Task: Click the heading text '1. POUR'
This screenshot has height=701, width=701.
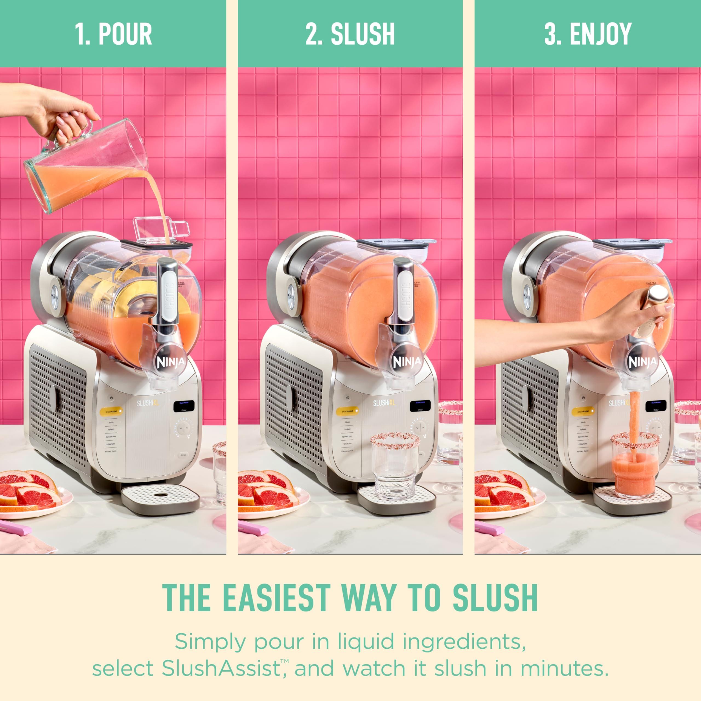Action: (113, 34)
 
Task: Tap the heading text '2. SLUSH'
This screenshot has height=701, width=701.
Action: (350, 34)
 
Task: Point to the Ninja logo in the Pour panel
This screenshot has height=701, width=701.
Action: (171, 362)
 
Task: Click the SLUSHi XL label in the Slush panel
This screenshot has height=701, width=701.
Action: (384, 403)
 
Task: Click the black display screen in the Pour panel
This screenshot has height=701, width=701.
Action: (184, 406)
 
